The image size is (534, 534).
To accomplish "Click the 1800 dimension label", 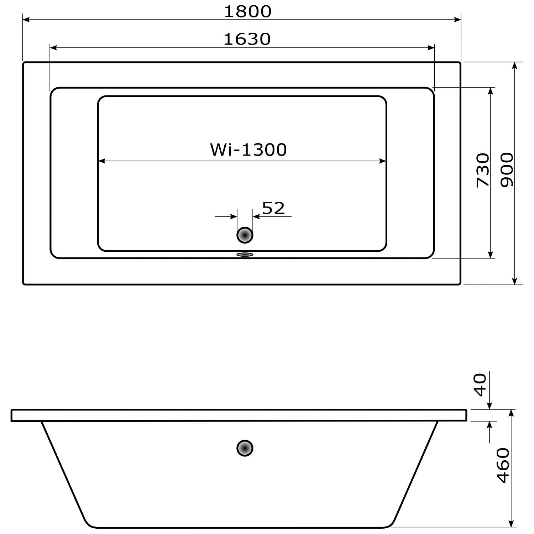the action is pyautogui.click(x=248, y=11).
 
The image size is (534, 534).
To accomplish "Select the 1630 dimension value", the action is pyautogui.click(x=247, y=39).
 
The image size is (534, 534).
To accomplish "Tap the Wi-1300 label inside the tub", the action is pyautogui.click(x=248, y=150).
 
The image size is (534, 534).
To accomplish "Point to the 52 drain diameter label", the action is pyautogui.click(x=273, y=208).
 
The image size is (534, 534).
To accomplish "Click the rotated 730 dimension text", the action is pyautogui.click(x=483, y=170).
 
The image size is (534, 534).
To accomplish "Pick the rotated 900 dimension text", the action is pyautogui.click(x=507, y=170).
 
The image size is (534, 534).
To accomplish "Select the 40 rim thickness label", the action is pyautogui.click(x=481, y=385).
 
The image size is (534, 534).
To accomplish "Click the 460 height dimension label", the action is pyautogui.click(x=503, y=465).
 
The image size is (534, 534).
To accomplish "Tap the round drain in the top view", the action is pyautogui.click(x=245, y=235).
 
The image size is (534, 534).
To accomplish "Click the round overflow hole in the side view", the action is pyautogui.click(x=245, y=448).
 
